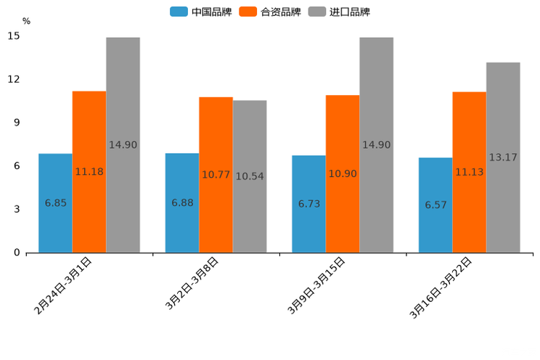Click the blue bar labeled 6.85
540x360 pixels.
pos(55,203)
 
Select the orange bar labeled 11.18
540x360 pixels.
pos(89,172)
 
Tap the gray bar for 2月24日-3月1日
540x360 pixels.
pos(123,145)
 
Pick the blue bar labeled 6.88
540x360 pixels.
pos(182,203)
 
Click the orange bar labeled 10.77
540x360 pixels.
pos(216,175)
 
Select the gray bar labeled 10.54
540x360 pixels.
pos(250,176)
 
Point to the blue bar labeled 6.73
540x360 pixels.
pos(308,204)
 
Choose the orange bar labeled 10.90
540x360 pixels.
pos(343,174)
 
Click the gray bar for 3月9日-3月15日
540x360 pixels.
pos(376,145)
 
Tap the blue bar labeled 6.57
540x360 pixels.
pos(435,205)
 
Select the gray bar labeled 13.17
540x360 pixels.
pos(503,157)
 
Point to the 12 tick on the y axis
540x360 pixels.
pos(15,79)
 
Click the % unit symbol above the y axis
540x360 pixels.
pos(26,21)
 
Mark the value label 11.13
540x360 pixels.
pos(470,172)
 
